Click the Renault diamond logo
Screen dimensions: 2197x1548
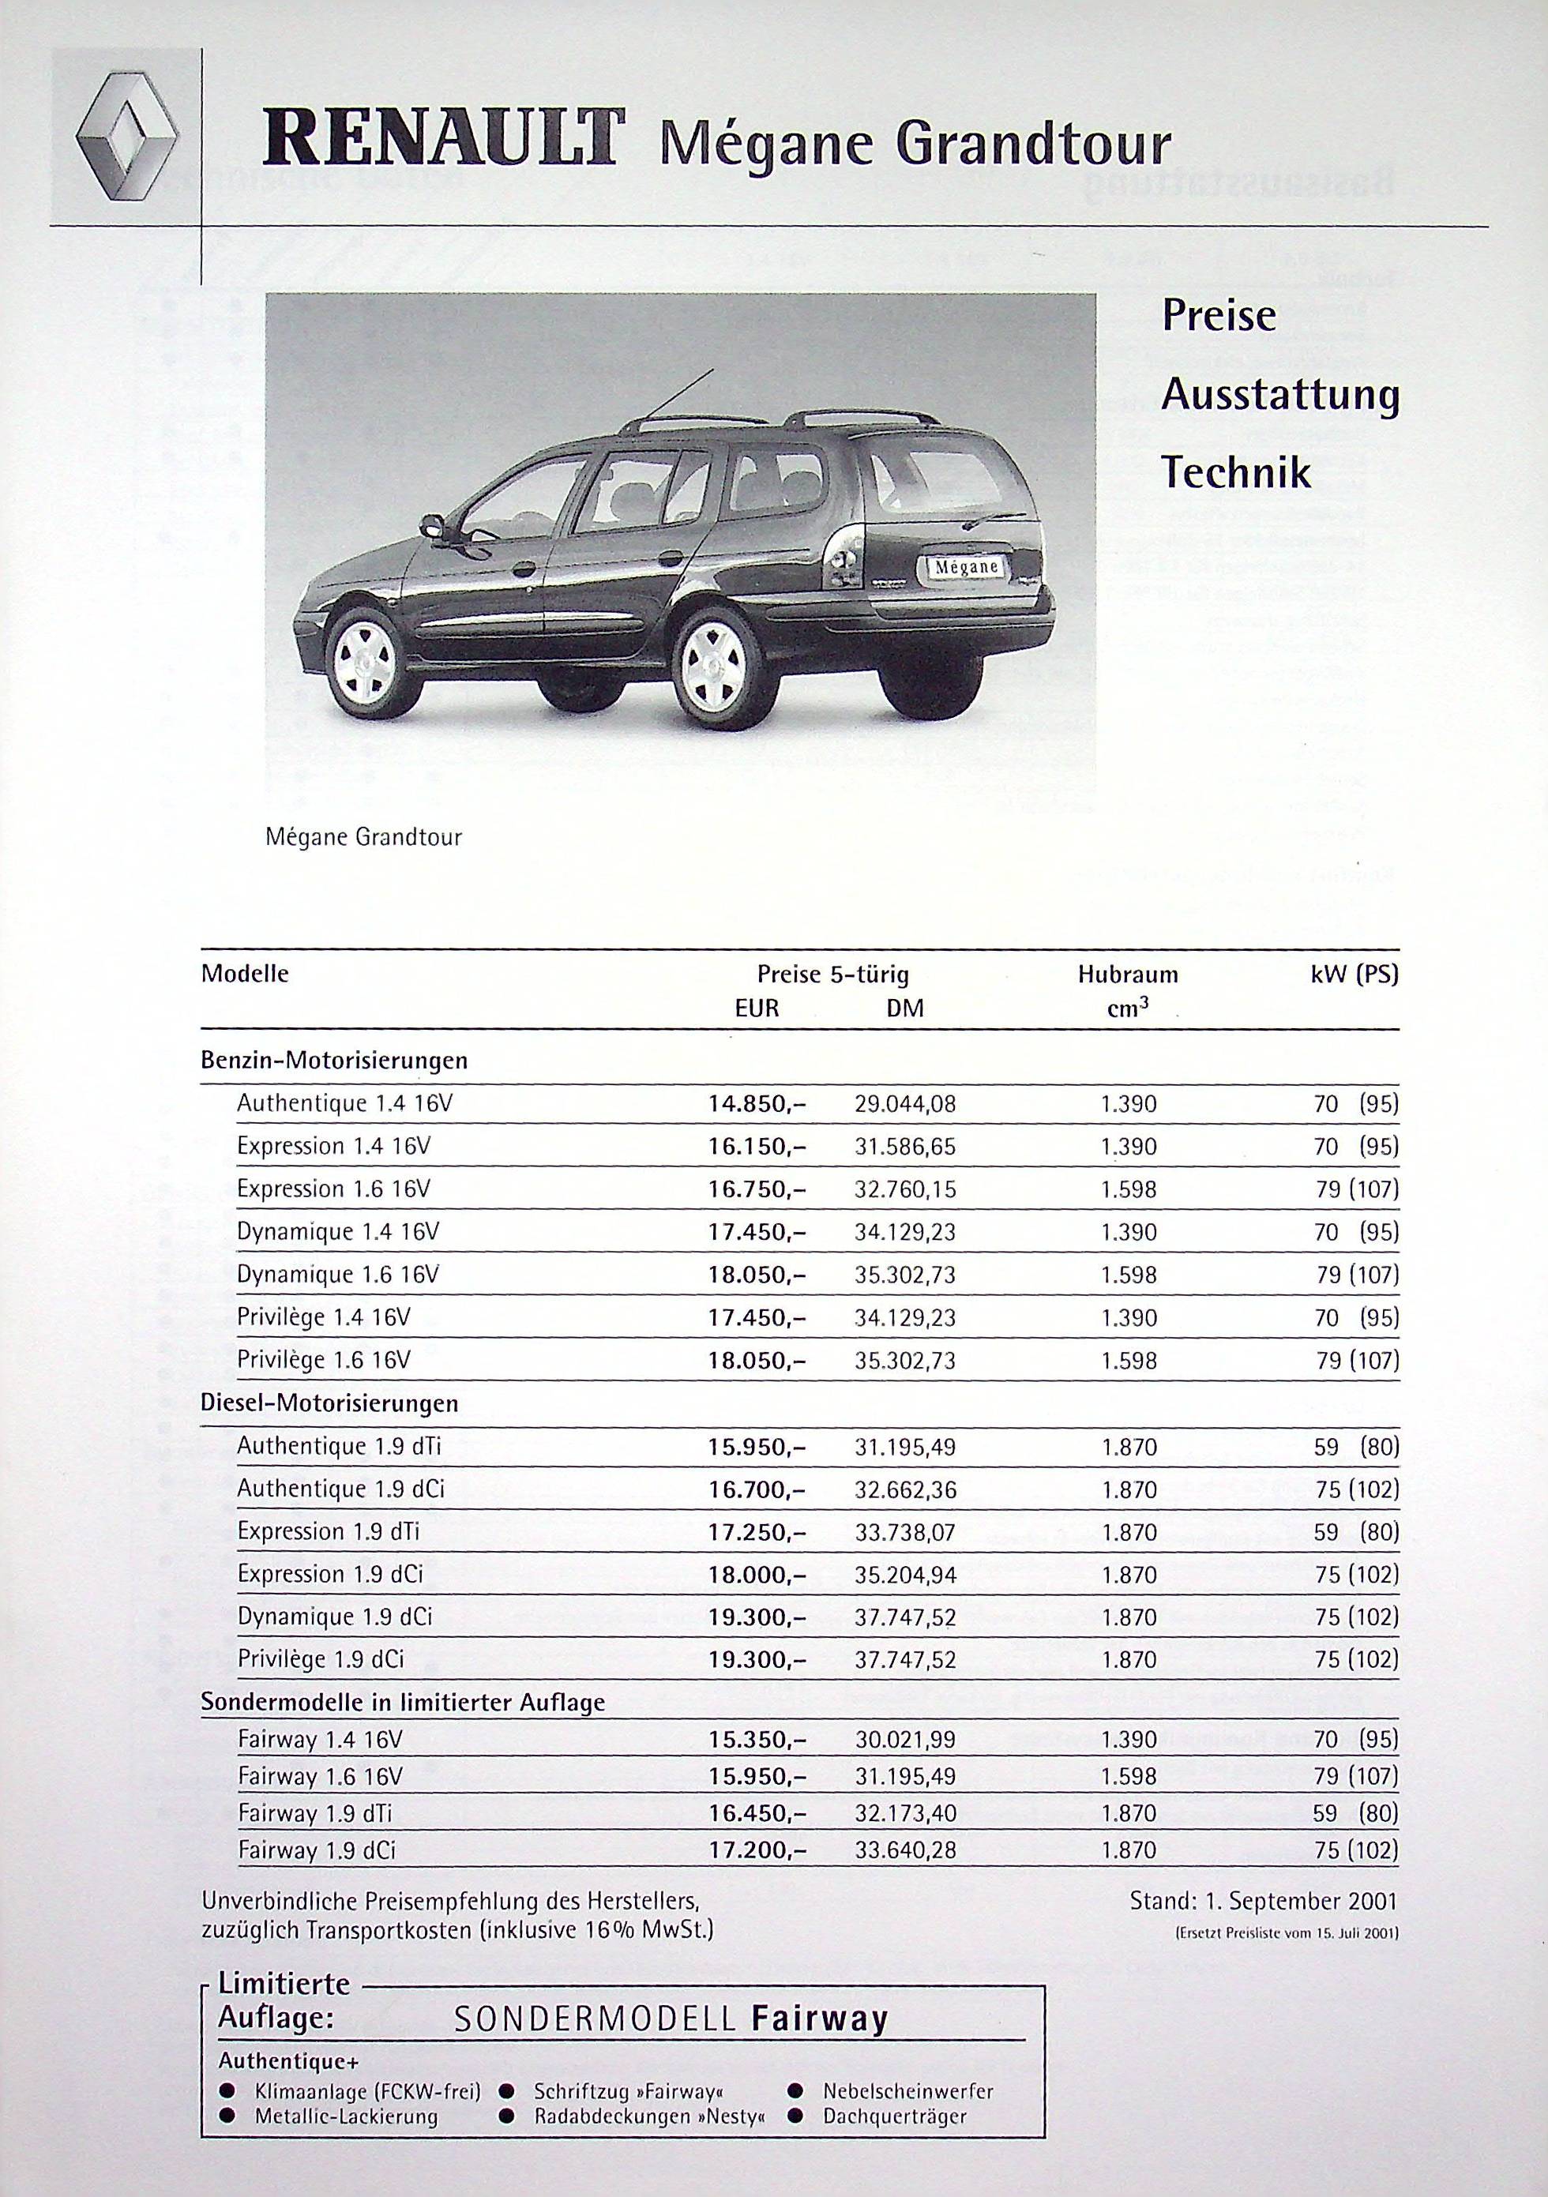coord(127,141)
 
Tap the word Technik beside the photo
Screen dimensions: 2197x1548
coord(1235,473)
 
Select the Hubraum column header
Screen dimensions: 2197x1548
coord(1128,975)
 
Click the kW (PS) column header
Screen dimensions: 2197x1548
coord(1354,975)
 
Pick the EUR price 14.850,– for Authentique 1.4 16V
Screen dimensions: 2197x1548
coord(757,1104)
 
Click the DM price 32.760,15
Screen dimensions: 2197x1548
coord(904,1189)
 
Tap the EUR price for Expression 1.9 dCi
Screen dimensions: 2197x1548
coord(757,1574)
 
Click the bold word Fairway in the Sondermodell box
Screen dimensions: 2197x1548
coord(820,2019)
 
